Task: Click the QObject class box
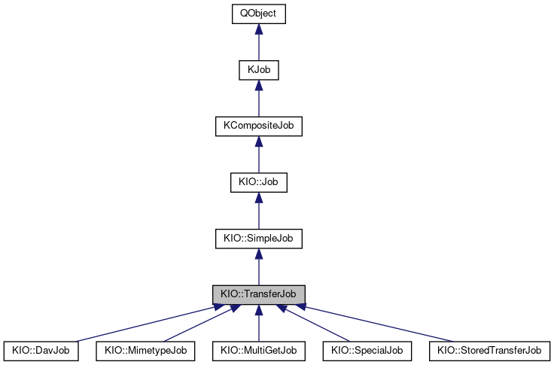(258, 14)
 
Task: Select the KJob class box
(258, 70)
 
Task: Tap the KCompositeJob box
(258, 126)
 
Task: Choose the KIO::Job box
(258, 182)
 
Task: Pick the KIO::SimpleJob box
(258, 239)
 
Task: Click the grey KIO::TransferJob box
(258, 294)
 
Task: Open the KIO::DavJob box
(41, 351)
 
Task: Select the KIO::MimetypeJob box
(145, 351)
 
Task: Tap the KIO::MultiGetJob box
(258, 351)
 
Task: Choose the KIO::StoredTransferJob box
(489, 351)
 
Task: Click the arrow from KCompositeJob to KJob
(258, 99)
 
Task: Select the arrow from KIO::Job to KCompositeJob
(258, 156)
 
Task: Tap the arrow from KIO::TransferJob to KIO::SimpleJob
(258, 268)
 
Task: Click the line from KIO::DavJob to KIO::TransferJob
(143, 324)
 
